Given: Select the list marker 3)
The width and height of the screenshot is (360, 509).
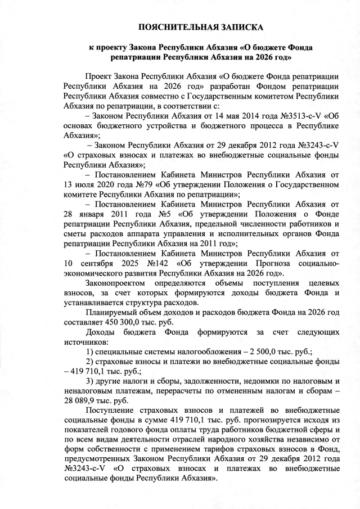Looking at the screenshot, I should (90, 381).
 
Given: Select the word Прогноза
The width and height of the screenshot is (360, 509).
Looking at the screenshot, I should (268, 262).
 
